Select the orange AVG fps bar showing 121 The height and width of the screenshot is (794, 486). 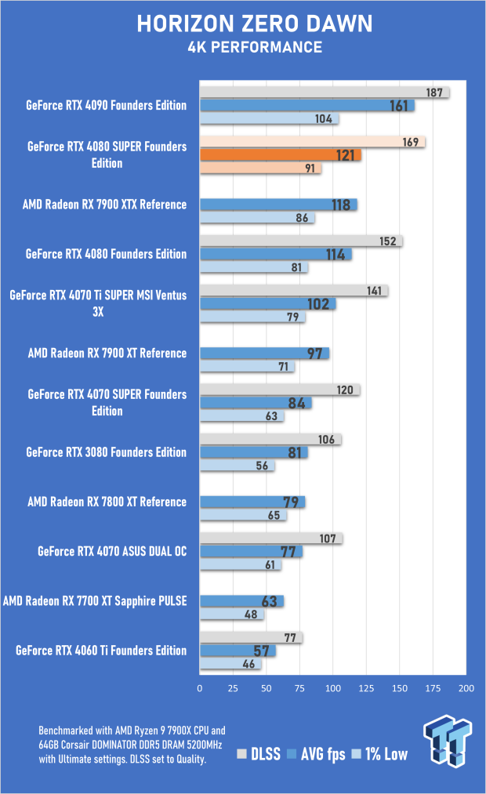[x=281, y=155]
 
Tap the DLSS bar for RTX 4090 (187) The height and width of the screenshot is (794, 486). [x=325, y=92]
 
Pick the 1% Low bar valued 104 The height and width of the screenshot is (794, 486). [x=269, y=119]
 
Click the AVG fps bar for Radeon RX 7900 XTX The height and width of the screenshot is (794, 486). [x=278, y=205]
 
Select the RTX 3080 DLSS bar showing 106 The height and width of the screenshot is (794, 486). [x=270, y=440]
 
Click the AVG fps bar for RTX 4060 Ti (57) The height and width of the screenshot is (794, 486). [x=238, y=651]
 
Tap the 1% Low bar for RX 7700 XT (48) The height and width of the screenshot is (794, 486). [x=232, y=615]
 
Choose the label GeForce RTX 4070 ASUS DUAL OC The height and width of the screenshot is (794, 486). [x=112, y=551]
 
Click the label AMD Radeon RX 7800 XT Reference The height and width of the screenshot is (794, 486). [x=107, y=502]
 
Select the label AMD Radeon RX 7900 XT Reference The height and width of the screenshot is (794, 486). [x=107, y=353]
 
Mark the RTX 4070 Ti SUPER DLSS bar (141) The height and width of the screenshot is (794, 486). [x=294, y=291]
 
